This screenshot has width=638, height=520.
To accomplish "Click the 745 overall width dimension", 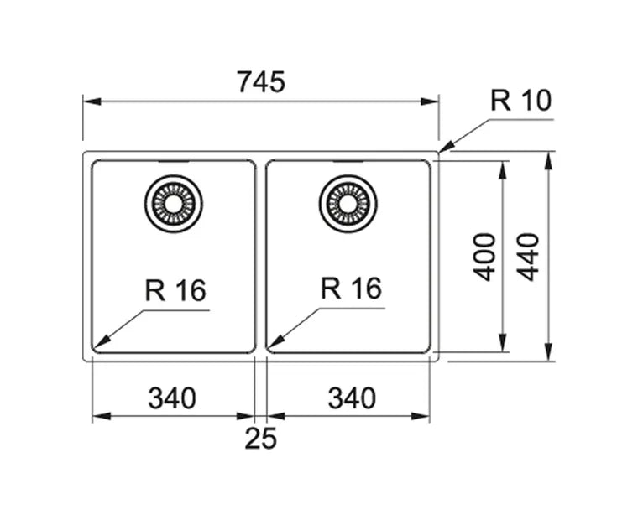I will [261, 82].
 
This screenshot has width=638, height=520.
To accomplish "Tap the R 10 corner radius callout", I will [520, 101].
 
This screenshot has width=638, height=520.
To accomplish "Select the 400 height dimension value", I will [484, 257].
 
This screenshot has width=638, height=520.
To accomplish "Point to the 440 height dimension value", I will [528, 257].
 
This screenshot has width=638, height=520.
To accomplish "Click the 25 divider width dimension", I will [260, 438].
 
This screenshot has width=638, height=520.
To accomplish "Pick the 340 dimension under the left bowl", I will [172, 398].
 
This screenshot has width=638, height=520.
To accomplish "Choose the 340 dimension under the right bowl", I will [351, 398].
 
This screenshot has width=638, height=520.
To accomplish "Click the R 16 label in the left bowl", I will [175, 290].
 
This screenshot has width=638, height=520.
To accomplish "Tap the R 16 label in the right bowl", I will [351, 289].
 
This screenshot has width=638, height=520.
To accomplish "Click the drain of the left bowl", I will [174, 204].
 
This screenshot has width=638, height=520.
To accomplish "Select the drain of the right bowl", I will [348, 204].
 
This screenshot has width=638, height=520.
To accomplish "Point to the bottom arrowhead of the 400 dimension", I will [502, 346].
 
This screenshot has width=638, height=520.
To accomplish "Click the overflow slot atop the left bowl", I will [174, 160].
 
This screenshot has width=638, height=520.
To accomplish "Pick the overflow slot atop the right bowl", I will [348, 160].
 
